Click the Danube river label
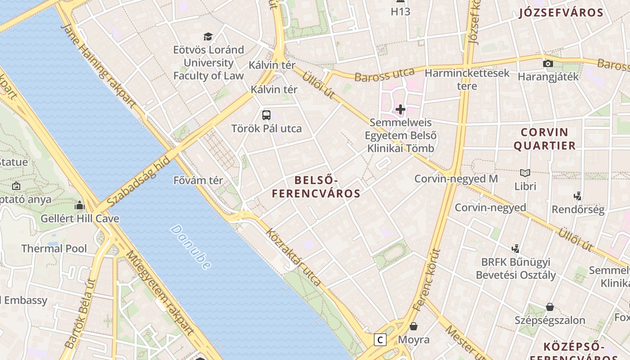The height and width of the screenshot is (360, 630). [x=191, y=247]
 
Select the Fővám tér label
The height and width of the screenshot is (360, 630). [x=198, y=180]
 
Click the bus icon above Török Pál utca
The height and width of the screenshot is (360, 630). [x=266, y=115]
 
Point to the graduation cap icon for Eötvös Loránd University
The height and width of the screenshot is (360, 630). [x=208, y=36]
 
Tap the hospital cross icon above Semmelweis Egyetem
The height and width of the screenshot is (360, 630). [x=400, y=109]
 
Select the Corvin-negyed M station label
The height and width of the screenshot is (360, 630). [x=456, y=179]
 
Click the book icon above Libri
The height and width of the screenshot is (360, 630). [x=525, y=173]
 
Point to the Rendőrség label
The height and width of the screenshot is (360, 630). [x=578, y=209]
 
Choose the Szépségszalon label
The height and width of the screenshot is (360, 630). [x=550, y=320]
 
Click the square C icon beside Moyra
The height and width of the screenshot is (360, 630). [x=380, y=340]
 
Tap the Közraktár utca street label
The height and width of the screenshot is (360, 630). [x=294, y=258]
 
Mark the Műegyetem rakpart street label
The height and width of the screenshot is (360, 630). [x=160, y=293]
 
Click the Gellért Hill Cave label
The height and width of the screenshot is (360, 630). [x=80, y=219]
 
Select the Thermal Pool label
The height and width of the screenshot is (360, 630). [x=54, y=248]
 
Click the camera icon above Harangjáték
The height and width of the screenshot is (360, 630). [x=548, y=63]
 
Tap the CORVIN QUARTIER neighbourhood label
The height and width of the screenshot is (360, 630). [x=544, y=139]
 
